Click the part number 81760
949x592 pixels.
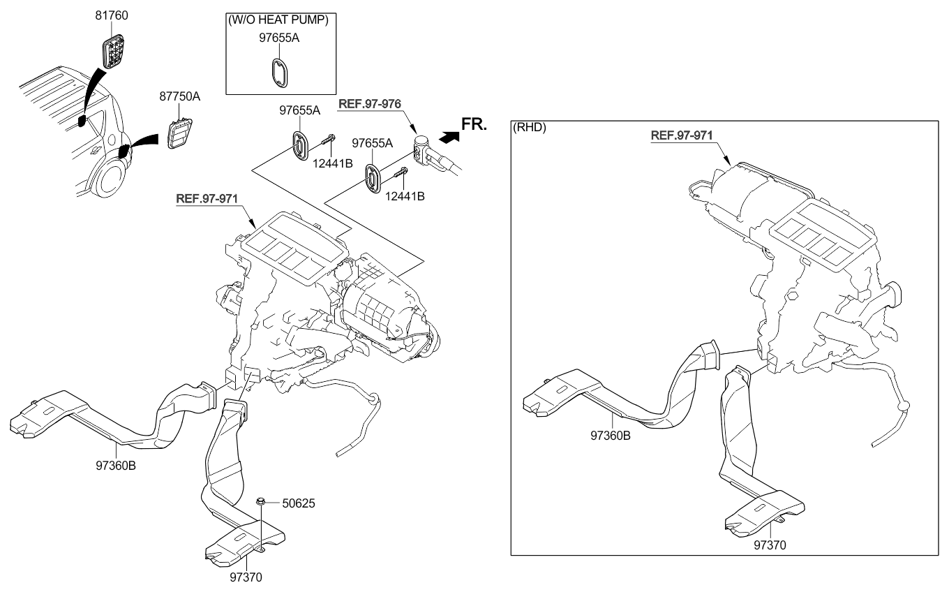tap(112, 15)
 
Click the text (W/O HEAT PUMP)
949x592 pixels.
tap(278, 20)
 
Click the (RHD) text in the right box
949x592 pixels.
tap(530, 128)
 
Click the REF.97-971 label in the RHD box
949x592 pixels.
tap(682, 135)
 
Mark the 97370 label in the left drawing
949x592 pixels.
tap(246, 577)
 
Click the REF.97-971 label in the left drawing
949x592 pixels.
tap(207, 198)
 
